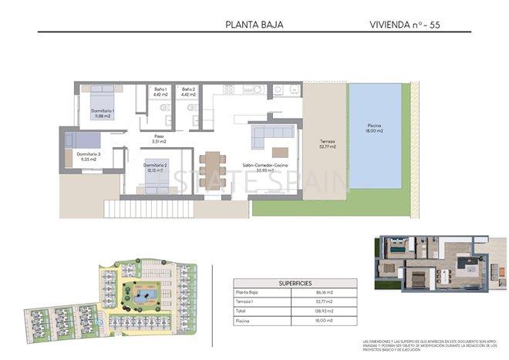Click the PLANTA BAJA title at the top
tap(254, 24)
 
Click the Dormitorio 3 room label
tap(89, 157)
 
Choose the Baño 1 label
tap(160, 93)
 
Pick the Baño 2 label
tap(189, 93)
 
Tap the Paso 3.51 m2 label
tap(159, 139)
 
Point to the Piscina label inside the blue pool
tap(374, 128)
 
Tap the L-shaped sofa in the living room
tap(266, 140)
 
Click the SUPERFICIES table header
tap(295, 282)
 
